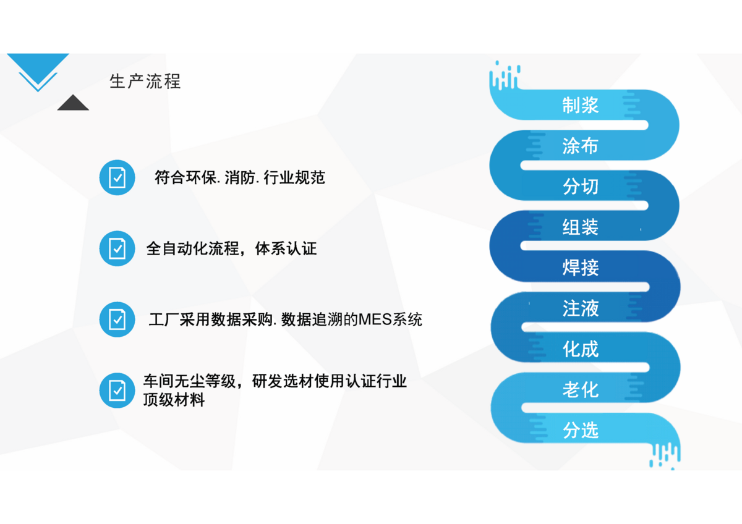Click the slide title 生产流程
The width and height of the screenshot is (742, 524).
[x=145, y=82]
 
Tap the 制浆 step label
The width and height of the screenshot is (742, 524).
[x=581, y=105]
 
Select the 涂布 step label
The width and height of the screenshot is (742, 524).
[x=581, y=146]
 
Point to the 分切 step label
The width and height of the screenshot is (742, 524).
[x=581, y=186]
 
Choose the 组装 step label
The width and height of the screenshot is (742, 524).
[x=581, y=227]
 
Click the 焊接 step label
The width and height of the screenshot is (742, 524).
[x=581, y=268]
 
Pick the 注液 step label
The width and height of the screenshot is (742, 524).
[x=581, y=308]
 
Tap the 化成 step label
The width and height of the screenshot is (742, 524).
[x=581, y=349]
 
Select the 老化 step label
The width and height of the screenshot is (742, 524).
[x=581, y=389]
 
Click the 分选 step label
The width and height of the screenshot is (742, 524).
[x=581, y=430]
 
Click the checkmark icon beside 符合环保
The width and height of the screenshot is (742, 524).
[x=117, y=178]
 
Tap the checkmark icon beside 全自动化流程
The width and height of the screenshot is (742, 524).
[x=117, y=248]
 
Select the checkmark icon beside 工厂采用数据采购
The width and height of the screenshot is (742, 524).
[x=117, y=319]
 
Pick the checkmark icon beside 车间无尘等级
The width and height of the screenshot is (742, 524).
[x=117, y=391]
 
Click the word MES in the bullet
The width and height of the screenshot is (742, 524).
[x=375, y=319]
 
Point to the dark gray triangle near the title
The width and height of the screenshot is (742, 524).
[x=73, y=103]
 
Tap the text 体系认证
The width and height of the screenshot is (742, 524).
[x=286, y=248]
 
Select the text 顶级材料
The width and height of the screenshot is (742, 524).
[x=174, y=400]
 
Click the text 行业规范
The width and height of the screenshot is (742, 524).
[x=294, y=178]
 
